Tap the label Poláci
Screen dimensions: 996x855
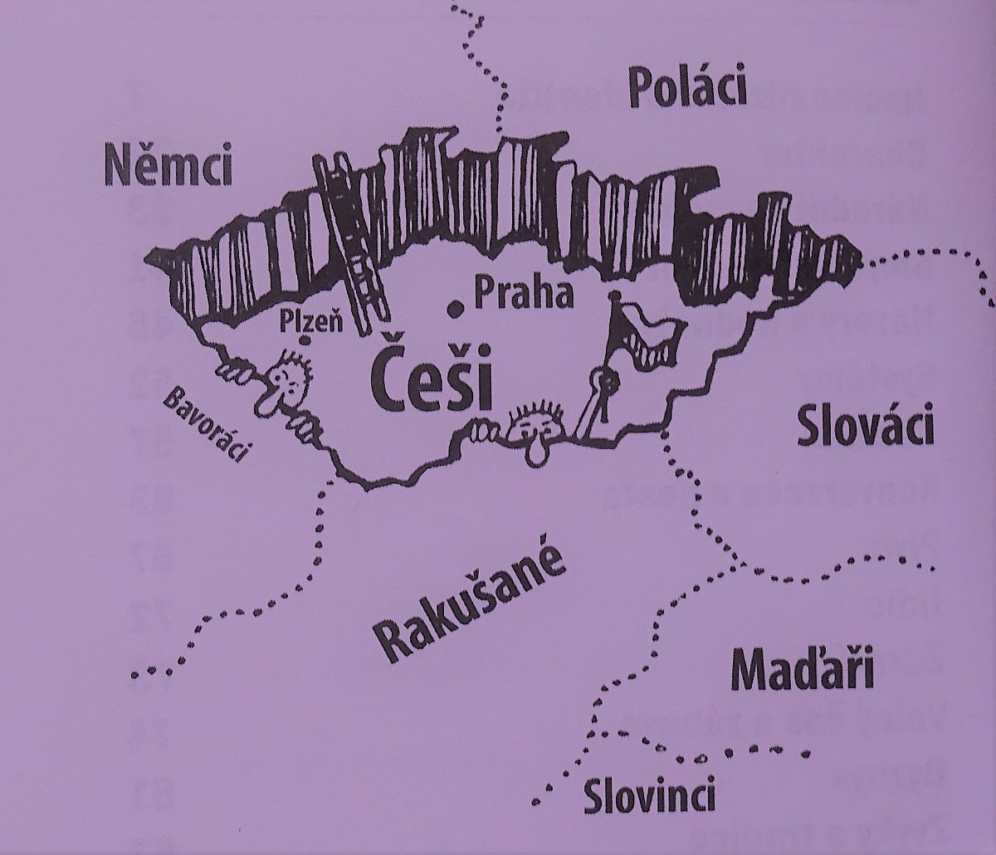pyautogui.click(x=687, y=88)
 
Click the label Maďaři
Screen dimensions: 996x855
pyautogui.click(x=803, y=672)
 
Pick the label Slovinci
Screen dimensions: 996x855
pyautogui.click(x=648, y=798)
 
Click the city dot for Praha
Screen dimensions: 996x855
pyautogui.click(x=454, y=309)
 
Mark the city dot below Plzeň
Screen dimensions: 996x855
pyautogui.click(x=305, y=340)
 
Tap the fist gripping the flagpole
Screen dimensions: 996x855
pyautogui.click(x=609, y=383)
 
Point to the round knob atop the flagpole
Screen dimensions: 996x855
pyautogui.click(x=615, y=296)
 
